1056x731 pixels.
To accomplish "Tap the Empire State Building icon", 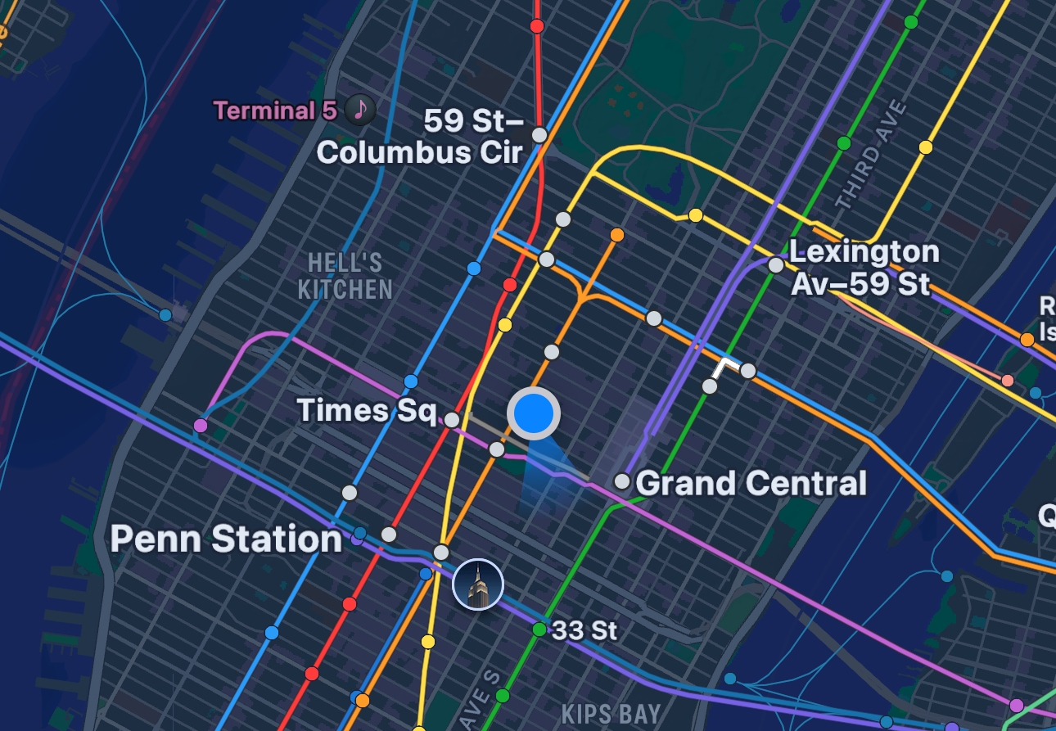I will coord(478,584).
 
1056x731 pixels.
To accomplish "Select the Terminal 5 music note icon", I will coord(360,108).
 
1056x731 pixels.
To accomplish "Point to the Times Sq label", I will coord(366,409).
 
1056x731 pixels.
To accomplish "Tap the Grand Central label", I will coord(751,483).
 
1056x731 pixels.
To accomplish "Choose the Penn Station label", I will coord(226,539).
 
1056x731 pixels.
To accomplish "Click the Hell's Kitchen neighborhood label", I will coord(345,276).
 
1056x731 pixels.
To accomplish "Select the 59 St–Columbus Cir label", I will coord(420,138).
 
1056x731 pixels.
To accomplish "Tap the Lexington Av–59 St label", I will coord(864,267).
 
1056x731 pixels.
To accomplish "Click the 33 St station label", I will coord(584,630).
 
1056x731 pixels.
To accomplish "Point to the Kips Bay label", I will coord(611,713).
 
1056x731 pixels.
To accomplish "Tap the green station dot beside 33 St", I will coord(539,629).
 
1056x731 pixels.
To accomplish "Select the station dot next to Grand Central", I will coord(622,481).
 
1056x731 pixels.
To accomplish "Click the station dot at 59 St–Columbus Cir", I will coord(539,134).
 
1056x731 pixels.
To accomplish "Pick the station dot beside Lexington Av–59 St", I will coord(775,264).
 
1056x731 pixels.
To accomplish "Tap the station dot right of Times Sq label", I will coord(452,420).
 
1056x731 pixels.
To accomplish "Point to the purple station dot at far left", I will coord(201,426).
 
